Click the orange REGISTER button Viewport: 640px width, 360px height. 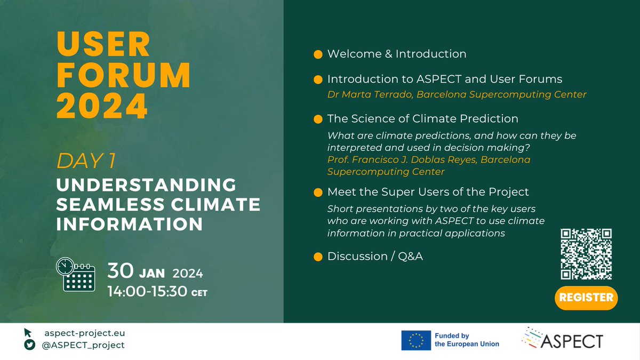(586, 298)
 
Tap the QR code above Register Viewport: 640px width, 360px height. (586, 254)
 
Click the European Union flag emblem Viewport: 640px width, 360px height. (417, 340)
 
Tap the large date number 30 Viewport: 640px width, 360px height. (121, 272)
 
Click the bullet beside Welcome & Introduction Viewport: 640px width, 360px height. (318, 54)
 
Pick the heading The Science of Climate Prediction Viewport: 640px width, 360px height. (422, 118)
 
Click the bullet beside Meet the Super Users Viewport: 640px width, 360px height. (318, 192)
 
